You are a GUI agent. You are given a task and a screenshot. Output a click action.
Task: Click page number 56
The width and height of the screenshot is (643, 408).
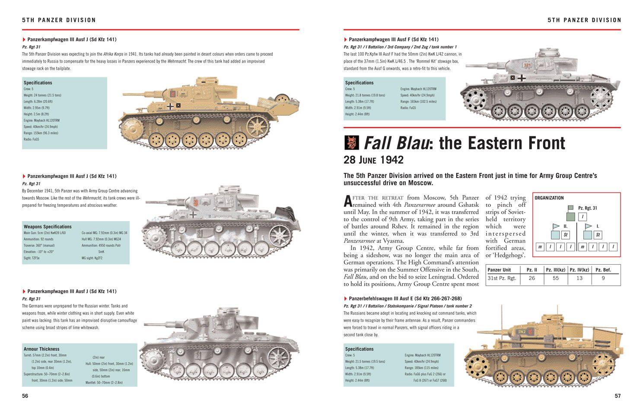pyautogui.click(x=25, y=396)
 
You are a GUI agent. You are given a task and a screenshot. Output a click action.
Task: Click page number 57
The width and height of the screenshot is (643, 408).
pyautogui.click(x=618, y=396)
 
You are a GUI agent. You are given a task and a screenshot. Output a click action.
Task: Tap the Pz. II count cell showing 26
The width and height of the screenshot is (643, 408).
pyautogui.click(x=532, y=278)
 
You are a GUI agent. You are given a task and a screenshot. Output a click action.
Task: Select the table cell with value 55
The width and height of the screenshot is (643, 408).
pyautogui.click(x=555, y=278)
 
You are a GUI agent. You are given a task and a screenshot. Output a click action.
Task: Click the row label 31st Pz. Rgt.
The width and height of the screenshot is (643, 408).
pyautogui.click(x=502, y=278)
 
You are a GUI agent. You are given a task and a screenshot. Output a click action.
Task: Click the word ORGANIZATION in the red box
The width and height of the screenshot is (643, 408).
pyautogui.click(x=549, y=198)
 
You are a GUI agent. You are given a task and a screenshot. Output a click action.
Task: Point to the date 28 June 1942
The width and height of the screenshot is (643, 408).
pyautogui.click(x=373, y=160)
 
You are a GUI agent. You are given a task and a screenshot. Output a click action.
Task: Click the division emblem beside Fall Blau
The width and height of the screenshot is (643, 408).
pyautogui.click(x=352, y=143)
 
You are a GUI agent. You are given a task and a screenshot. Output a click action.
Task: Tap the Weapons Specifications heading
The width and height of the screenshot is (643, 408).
pyautogui.click(x=48, y=227)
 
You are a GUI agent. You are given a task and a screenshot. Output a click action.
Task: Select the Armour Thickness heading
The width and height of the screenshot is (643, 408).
pyautogui.click(x=41, y=349)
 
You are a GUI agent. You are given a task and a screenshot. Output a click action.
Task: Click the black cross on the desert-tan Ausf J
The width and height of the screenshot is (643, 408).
pyautogui.click(x=170, y=105)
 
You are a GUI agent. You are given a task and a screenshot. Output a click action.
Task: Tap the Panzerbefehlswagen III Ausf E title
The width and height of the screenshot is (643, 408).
pyautogui.click(x=405, y=299)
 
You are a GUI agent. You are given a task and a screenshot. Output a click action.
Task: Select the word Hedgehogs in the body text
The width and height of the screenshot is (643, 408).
pyautogui.click(x=510, y=256)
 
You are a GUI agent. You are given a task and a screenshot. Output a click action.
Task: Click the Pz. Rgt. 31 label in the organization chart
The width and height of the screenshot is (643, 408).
pyautogui.click(x=587, y=208)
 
